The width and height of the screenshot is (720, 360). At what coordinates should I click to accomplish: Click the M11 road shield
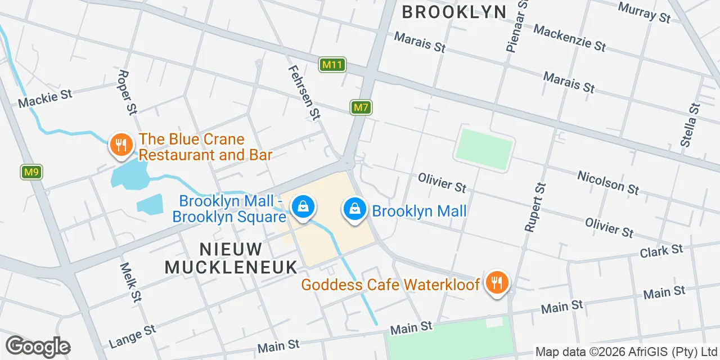pos(332,65)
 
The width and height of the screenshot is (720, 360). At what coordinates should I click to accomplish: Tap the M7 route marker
pos(361,107)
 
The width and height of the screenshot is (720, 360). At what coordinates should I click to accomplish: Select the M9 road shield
pos(32,172)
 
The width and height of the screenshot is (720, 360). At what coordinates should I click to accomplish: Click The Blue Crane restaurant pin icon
pos(120,145)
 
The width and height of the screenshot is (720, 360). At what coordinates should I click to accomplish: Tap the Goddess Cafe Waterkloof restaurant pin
pos(496,282)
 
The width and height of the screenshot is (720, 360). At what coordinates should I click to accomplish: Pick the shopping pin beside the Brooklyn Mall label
pos(355,209)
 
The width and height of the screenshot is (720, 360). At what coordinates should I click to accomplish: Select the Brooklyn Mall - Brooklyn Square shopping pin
pos(303,208)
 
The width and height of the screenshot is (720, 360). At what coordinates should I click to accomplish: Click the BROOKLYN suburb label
pos(454,11)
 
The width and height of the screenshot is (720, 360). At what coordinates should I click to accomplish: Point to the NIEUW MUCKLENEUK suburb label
pos(231,258)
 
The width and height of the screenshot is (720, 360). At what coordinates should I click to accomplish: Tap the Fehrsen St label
pos(304,92)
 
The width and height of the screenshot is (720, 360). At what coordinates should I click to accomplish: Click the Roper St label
pos(128,92)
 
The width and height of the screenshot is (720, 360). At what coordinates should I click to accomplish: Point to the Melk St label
pos(130,281)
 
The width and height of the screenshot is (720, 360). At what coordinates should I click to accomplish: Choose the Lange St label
pos(132,336)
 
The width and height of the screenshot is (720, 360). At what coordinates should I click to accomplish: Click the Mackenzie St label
pos(569,38)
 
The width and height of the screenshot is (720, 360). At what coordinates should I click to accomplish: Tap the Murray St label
pos(644,12)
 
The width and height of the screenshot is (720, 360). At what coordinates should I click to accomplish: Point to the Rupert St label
pos(535,207)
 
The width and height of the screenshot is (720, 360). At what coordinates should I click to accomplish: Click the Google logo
pos(38,346)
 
